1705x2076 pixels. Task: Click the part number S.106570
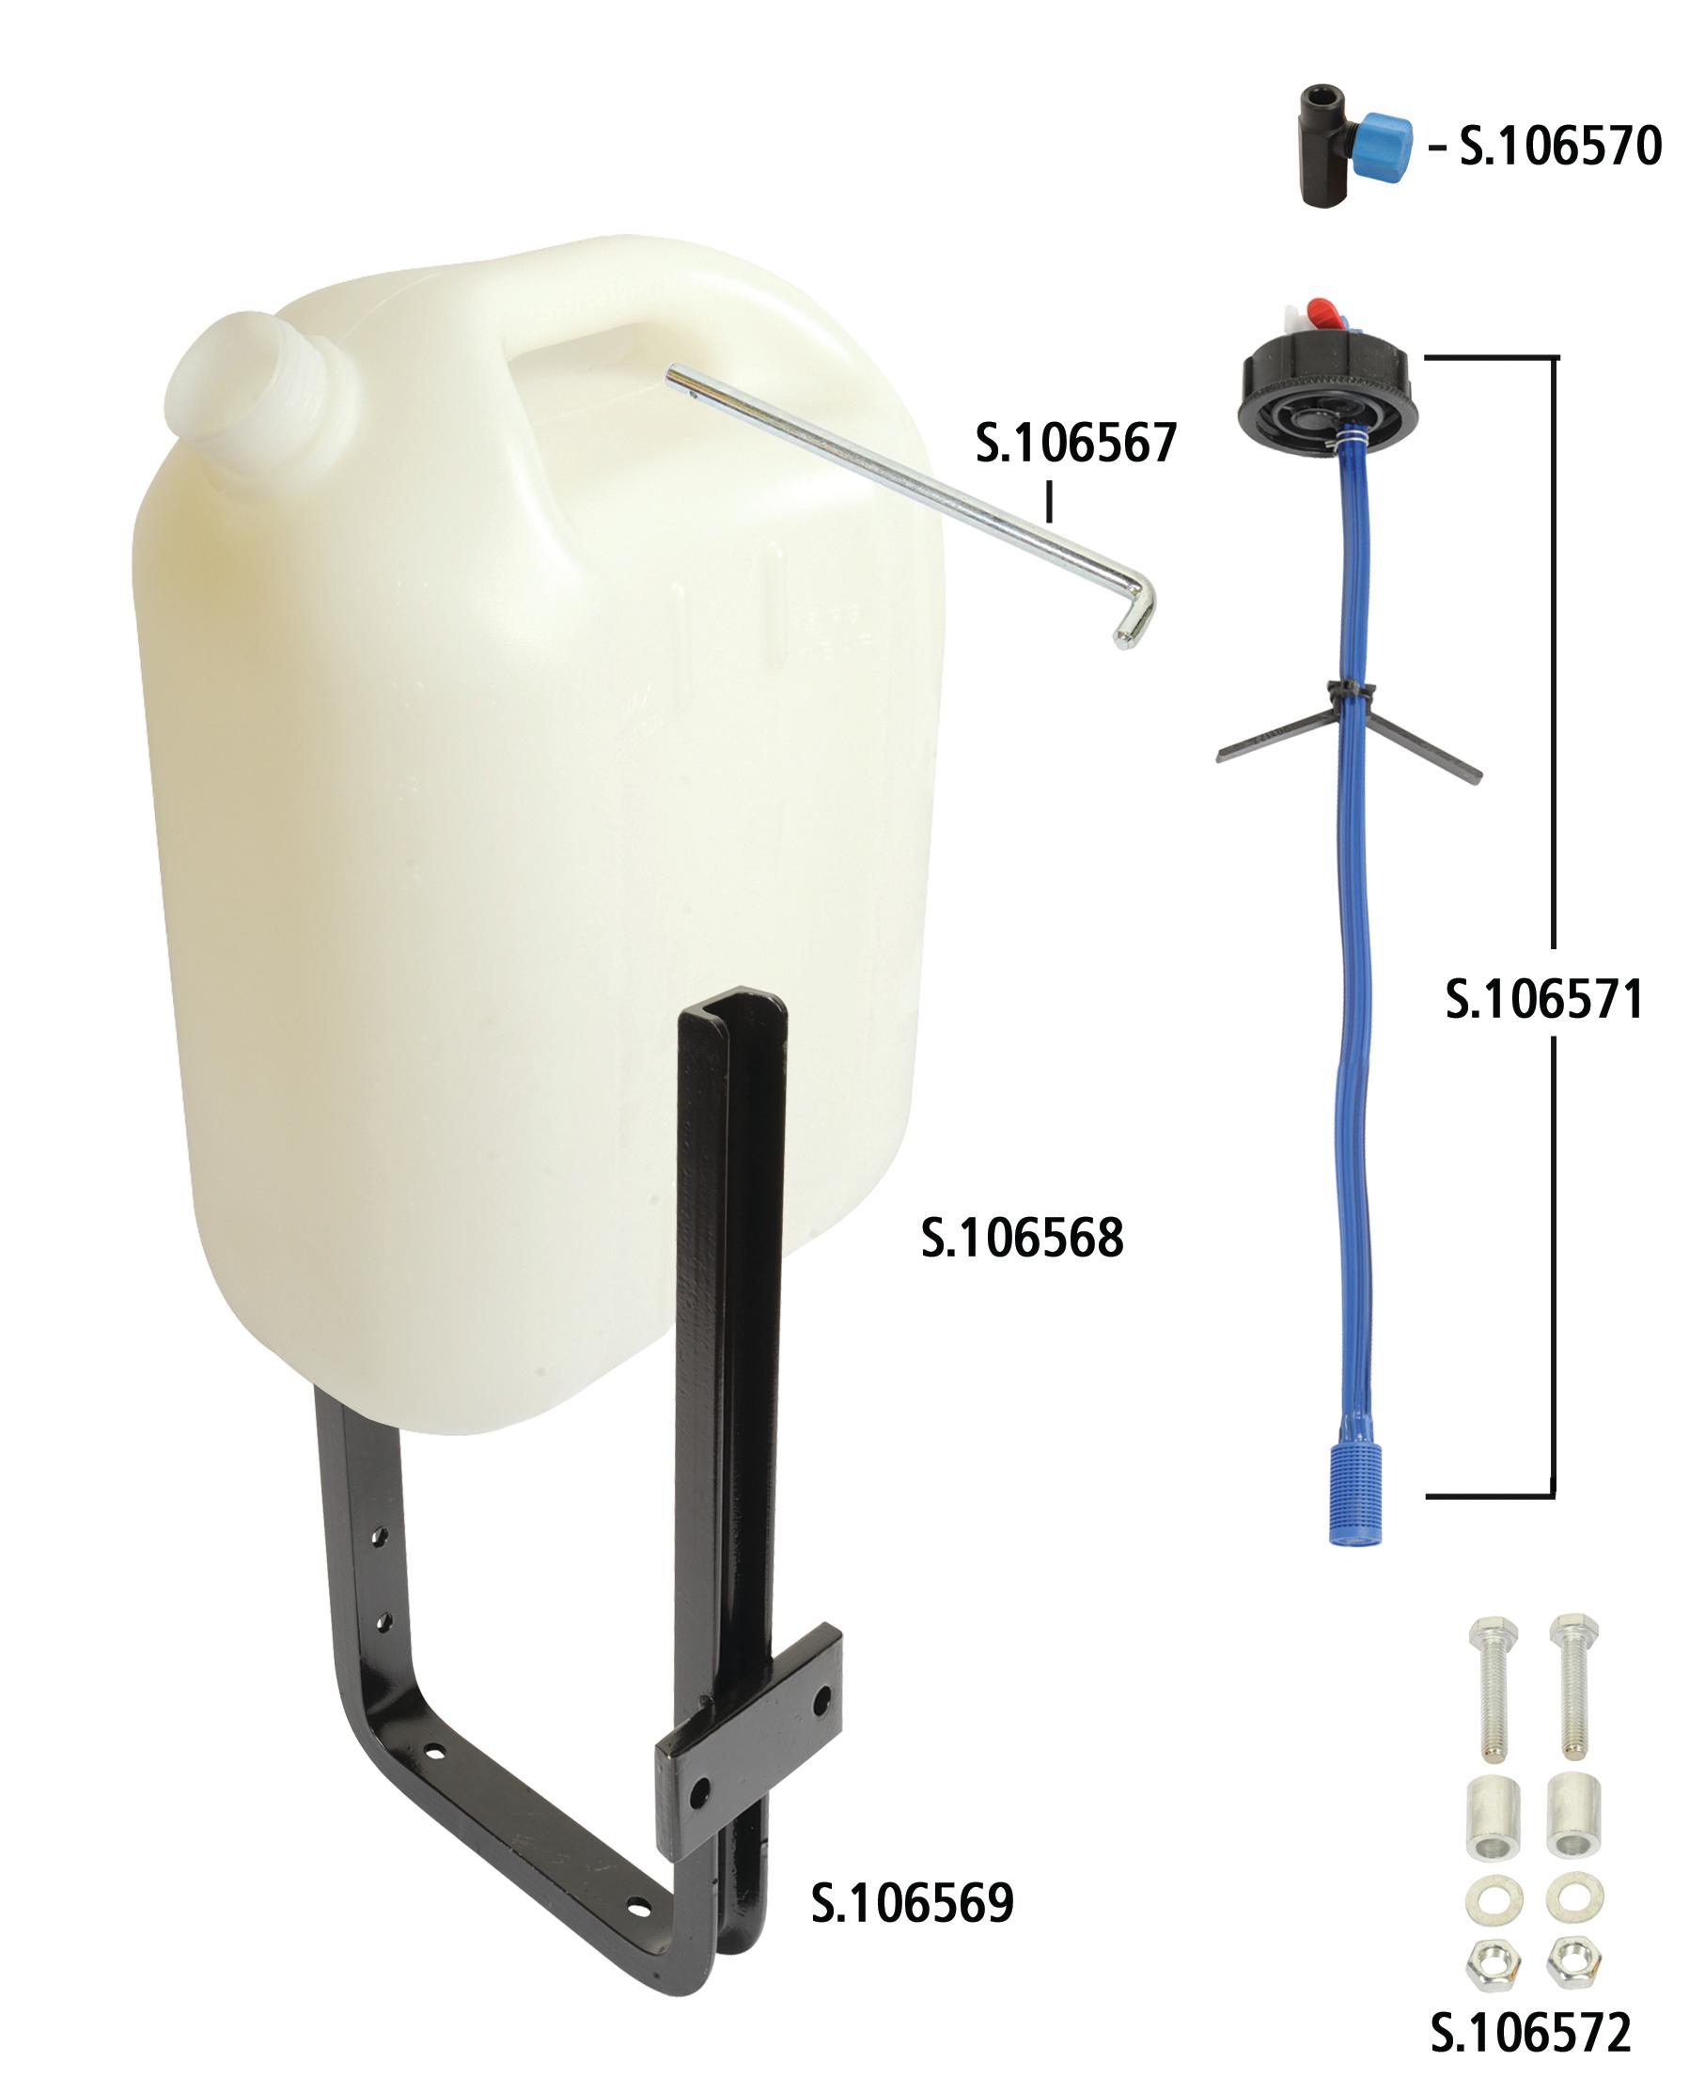(x=1559, y=147)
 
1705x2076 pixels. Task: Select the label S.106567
(x=1075, y=443)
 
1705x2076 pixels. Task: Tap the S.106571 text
(x=1544, y=1000)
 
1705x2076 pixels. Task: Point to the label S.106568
(x=1022, y=1238)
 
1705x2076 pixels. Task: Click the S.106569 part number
(x=912, y=1903)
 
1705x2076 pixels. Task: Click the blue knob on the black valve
(x=1382, y=148)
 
